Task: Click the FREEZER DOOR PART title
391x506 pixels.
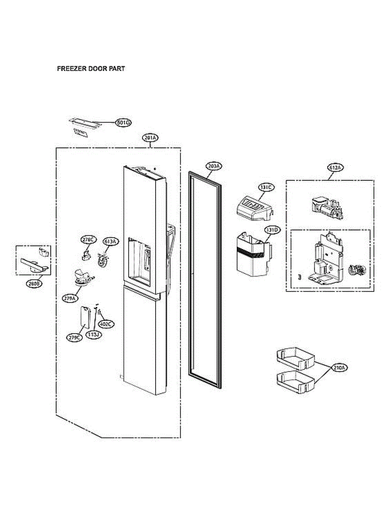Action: click(91, 68)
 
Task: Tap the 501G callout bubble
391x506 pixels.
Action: click(124, 123)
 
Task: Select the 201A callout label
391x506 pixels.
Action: click(150, 138)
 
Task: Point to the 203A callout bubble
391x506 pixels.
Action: click(214, 166)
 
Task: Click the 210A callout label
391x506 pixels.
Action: click(340, 368)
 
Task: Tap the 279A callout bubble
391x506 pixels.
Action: click(70, 298)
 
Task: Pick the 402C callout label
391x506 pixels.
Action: click(105, 324)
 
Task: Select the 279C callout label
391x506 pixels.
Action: click(74, 337)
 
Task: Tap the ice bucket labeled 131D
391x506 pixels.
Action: click(252, 254)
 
